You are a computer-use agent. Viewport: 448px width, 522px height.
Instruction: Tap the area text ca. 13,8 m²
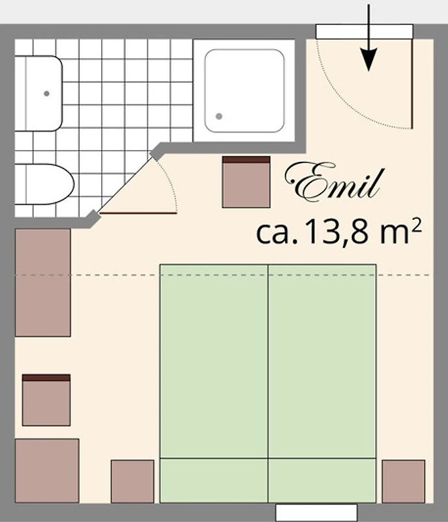click(339, 232)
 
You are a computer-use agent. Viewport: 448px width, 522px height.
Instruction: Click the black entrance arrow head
click(369, 59)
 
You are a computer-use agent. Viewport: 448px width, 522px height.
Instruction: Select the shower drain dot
click(219, 116)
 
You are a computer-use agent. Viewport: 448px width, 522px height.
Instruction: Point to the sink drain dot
click(46, 93)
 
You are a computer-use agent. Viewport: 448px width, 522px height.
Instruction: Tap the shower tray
click(245, 91)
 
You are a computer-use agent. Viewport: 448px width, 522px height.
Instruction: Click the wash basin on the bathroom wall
click(38, 93)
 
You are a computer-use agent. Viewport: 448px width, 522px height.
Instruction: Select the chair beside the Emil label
click(246, 182)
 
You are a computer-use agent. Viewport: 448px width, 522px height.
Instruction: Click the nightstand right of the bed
click(404, 482)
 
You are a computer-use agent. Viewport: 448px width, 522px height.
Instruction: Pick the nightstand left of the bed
click(132, 482)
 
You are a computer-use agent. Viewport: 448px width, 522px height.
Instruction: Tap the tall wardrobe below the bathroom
click(43, 283)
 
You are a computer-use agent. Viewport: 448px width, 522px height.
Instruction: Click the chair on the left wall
click(46, 400)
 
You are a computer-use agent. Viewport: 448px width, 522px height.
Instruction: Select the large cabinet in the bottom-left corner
click(47, 470)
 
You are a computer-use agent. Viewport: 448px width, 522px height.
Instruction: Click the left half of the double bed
click(214, 384)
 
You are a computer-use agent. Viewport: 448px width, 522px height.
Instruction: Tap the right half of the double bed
click(322, 384)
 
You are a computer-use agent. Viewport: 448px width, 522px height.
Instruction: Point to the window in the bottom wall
click(316, 513)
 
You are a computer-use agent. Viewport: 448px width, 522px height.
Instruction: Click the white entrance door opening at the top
click(364, 31)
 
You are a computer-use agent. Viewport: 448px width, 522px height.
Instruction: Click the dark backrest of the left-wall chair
click(46, 378)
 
